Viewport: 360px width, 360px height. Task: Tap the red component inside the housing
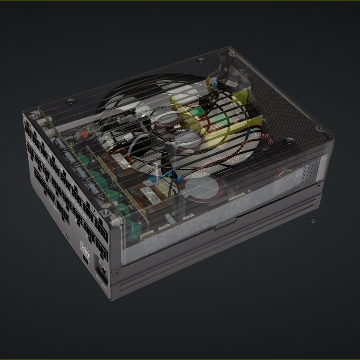pyautogui.click(x=83, y=134)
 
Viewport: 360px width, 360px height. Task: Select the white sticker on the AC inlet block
pyautogui.click(x=231, y=83)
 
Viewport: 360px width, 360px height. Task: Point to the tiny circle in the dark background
pyautogui.click(x=313, y=221)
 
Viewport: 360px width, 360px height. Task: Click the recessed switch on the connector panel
pyautogui.click(x=102, y=270)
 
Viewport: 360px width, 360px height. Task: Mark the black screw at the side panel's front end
pyautogui.click(x=117, y=272)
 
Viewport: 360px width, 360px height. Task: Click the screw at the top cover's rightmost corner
pyautogui.click(x=320, y=129)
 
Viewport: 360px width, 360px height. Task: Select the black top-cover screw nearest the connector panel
pyautogui.click(x=71, y=102)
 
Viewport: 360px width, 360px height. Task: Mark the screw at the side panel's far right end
pyautogui.click(x=318, y=184)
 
